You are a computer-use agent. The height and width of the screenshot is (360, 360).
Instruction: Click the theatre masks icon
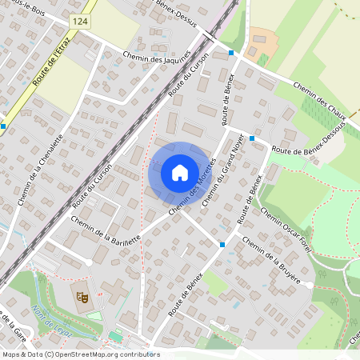click(81, 297)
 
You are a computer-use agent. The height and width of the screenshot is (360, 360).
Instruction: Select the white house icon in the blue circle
click(179, 172)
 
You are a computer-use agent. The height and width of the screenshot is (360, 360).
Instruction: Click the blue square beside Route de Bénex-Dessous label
click(252, 138)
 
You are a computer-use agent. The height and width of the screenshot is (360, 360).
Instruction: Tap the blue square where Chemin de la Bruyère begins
click(222, 245)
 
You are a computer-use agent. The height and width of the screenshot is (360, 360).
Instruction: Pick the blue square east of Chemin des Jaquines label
click(231, 53)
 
